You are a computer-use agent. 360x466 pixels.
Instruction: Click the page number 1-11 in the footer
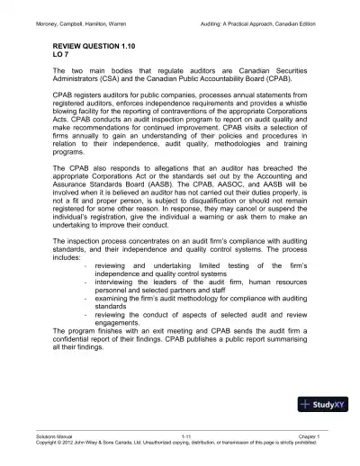[187, 434]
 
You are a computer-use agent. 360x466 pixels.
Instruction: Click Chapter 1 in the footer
[322, 434]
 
